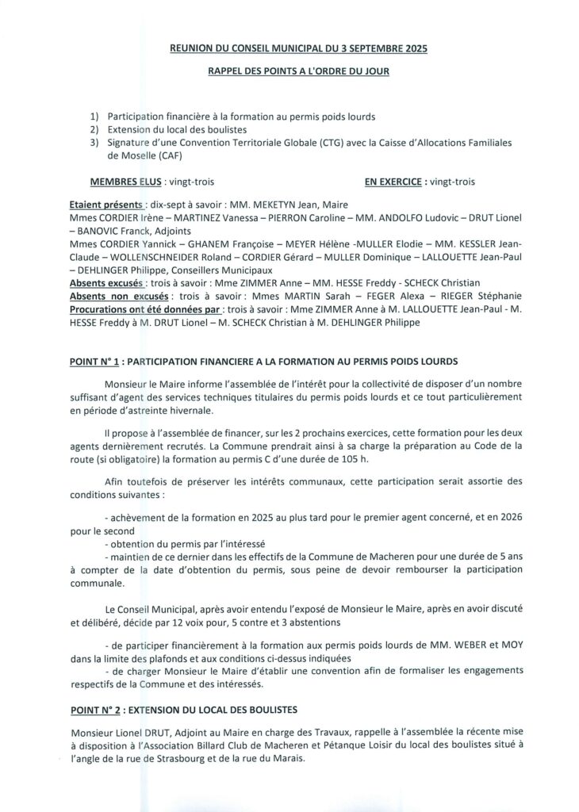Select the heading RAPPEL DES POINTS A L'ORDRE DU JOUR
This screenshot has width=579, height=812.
pyautogui.click(x=298, y=71)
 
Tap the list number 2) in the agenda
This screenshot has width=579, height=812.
pyautogui.click(x=94, y=129)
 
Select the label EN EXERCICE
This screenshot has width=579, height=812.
pyautogui.click(x=394, y=182)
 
